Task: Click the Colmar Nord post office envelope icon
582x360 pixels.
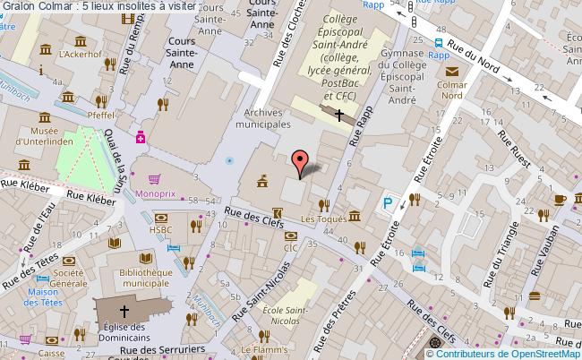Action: (453, 73)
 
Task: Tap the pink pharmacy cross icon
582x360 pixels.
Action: (141, 137)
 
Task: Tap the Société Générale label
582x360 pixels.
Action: (67, 278)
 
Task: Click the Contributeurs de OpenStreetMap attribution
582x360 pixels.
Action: (510, 353)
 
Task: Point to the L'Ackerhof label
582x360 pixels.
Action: (81, 55)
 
